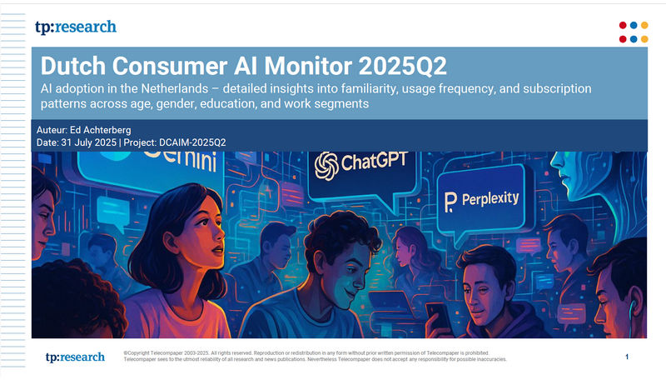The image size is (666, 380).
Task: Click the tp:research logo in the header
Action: [76, 27]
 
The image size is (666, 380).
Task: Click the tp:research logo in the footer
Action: [76, 357]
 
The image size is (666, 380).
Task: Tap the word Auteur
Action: [55, 131]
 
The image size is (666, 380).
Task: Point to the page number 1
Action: [626, 357]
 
